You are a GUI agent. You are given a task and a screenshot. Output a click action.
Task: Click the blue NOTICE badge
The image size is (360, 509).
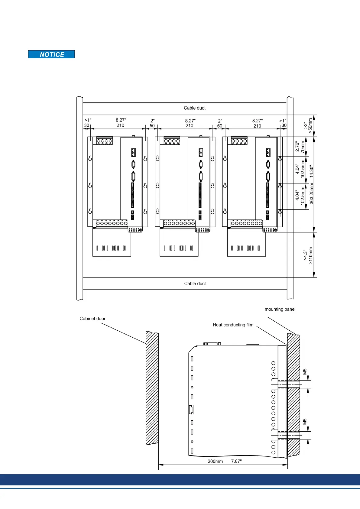51,54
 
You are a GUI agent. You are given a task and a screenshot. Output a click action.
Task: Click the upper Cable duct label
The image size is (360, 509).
195,108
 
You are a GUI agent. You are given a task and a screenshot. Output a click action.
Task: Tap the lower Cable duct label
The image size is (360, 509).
195,284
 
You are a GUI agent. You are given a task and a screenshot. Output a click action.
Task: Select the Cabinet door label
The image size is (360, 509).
92,319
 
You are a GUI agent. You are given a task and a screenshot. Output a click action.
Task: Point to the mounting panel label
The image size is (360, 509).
280,309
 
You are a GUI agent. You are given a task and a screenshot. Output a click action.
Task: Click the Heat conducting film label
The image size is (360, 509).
233,325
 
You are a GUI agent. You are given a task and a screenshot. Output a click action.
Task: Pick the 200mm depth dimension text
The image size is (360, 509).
215,461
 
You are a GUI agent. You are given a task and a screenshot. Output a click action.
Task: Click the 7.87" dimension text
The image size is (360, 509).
236,461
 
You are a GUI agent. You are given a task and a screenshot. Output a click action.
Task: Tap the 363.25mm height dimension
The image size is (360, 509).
312,193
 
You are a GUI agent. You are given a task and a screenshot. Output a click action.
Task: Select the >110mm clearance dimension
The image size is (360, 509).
311,255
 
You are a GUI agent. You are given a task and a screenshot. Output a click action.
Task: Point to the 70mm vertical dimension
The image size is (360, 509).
303,147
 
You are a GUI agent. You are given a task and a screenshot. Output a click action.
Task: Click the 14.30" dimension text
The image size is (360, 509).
312,171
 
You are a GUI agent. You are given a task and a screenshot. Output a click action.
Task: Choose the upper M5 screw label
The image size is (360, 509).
305,371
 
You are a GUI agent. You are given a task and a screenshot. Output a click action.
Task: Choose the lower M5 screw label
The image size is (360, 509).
305,422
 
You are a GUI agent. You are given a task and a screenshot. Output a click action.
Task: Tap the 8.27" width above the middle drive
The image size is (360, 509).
190,121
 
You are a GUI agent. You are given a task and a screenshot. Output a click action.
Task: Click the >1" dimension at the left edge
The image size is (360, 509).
88,120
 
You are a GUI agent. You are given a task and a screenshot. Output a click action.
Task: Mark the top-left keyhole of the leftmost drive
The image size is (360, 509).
90,158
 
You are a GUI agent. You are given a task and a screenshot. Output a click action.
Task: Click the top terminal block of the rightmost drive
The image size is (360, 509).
239,141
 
